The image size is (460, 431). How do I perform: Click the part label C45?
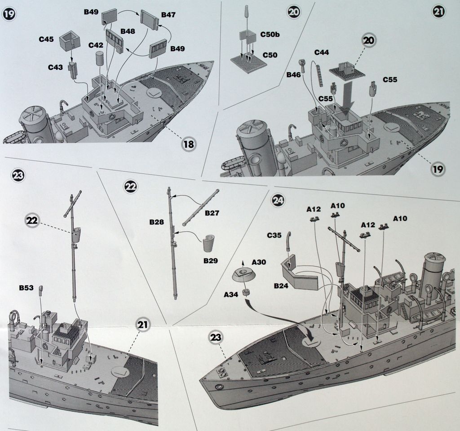click(x=46, y=40)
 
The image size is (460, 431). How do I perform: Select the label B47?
click(x=168, y=15)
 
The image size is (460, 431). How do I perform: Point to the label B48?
click(x=128, y=31)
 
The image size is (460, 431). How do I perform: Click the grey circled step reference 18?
click(x=189, y=144)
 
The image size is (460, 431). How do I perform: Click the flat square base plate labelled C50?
click(x=248, y=62)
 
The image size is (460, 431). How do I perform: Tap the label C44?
click(x=322, y=53)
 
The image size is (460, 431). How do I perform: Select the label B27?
click(x=212, y=213)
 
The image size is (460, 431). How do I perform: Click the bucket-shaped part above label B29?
click(x=209, y=243)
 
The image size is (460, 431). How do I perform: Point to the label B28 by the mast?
click(x=158, y=222)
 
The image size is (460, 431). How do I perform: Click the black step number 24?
click(x=278, y=201)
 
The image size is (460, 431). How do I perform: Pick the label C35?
click(x=274, y=235)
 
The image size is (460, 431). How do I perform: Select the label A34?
click(x=231, y=295)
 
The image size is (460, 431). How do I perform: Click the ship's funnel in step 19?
click(x=35, y=124)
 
